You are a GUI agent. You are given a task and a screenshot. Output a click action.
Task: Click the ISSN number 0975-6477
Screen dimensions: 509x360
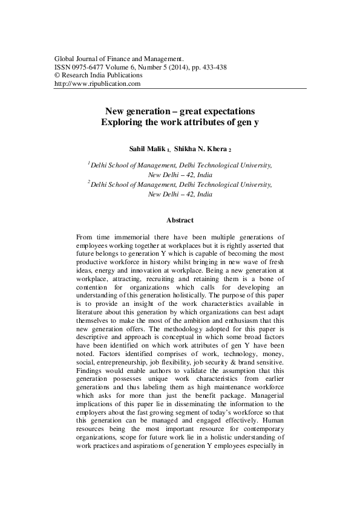click(x=87, y=67)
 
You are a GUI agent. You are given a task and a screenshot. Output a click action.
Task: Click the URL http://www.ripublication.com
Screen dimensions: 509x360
click(x=97, y=84)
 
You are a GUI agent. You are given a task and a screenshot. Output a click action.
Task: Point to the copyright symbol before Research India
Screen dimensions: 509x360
click(x=57, y=76)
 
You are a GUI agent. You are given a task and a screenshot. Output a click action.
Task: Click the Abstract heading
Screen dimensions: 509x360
click(x=180, y=221)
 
